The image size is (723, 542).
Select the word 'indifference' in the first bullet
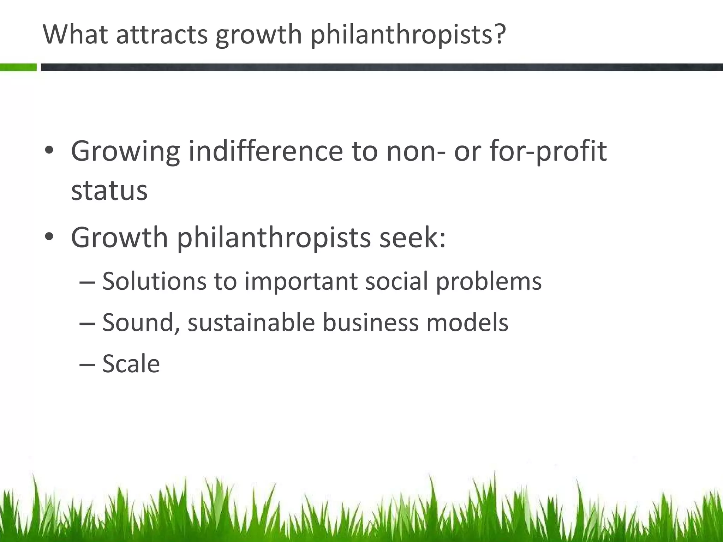click(x=265, y=151)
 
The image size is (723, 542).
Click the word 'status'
click(x=109, y=191)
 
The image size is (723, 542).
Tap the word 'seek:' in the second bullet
click(x=413, y=237)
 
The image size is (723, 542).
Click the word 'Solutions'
click(x=154, y=281)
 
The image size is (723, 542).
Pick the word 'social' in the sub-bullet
click(x=396, y=281)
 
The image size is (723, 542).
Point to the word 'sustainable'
click(x=251, y=323)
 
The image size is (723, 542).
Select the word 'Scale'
click(x=131, y=364)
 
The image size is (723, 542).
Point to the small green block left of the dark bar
click(x=18, y=67)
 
